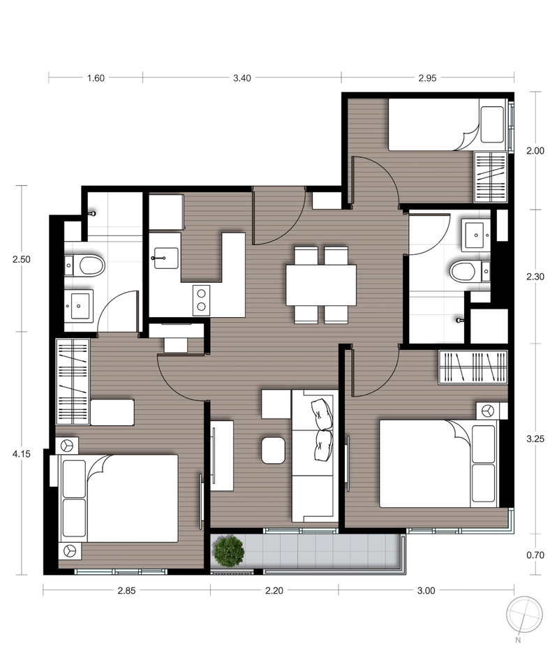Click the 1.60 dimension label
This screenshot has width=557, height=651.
point(96,78)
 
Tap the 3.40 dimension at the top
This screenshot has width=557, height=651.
point(242,78)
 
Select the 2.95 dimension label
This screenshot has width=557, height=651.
point(427,78)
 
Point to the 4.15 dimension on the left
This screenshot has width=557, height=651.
point(21,454)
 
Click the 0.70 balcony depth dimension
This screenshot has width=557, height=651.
point(535,555)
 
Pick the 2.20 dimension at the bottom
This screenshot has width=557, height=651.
point(274,590)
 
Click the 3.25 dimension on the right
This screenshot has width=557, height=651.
point(535,439)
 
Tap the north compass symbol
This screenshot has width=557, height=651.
point(524,615)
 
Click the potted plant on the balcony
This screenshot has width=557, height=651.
point(228,550)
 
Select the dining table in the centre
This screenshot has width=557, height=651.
point(321,285)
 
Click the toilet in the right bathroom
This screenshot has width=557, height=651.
point(466,272)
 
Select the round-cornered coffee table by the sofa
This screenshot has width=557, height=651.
point(274,450)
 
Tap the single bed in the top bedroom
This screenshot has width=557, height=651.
point(448,124)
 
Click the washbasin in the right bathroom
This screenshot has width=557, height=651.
point(477,235)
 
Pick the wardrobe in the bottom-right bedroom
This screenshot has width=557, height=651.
point(473,367)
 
